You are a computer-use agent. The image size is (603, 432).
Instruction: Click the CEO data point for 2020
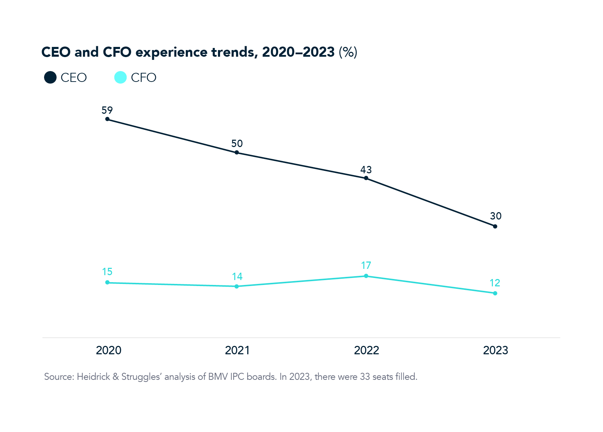(107, 119)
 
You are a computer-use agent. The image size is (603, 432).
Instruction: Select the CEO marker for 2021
(237, 152)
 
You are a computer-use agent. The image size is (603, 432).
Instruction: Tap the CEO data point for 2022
(366, 178)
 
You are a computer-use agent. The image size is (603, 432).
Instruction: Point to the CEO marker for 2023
(495, 227)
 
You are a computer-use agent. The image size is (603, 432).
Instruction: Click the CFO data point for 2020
(107, 283)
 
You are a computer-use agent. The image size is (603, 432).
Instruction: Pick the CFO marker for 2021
(237, 286)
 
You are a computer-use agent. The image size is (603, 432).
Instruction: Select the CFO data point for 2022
(366, 276)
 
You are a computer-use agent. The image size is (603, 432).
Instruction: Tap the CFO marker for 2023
(495, 293)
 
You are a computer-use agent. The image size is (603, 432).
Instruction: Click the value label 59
(107, 110)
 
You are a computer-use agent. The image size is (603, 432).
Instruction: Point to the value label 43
(366, 170)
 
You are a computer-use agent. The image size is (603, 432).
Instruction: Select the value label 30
(496, 216)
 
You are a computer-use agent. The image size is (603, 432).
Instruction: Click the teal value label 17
(366, 265)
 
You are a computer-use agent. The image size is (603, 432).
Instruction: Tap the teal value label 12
(495, 283)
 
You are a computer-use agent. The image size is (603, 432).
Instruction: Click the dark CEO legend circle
(50, 77)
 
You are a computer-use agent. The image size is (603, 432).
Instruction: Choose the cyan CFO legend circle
(120, 77)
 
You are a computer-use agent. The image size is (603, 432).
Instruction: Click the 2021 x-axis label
(237, 350)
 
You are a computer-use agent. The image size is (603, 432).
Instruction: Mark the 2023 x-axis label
(495, 350)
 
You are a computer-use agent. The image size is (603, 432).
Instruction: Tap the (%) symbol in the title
(348, 52)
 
